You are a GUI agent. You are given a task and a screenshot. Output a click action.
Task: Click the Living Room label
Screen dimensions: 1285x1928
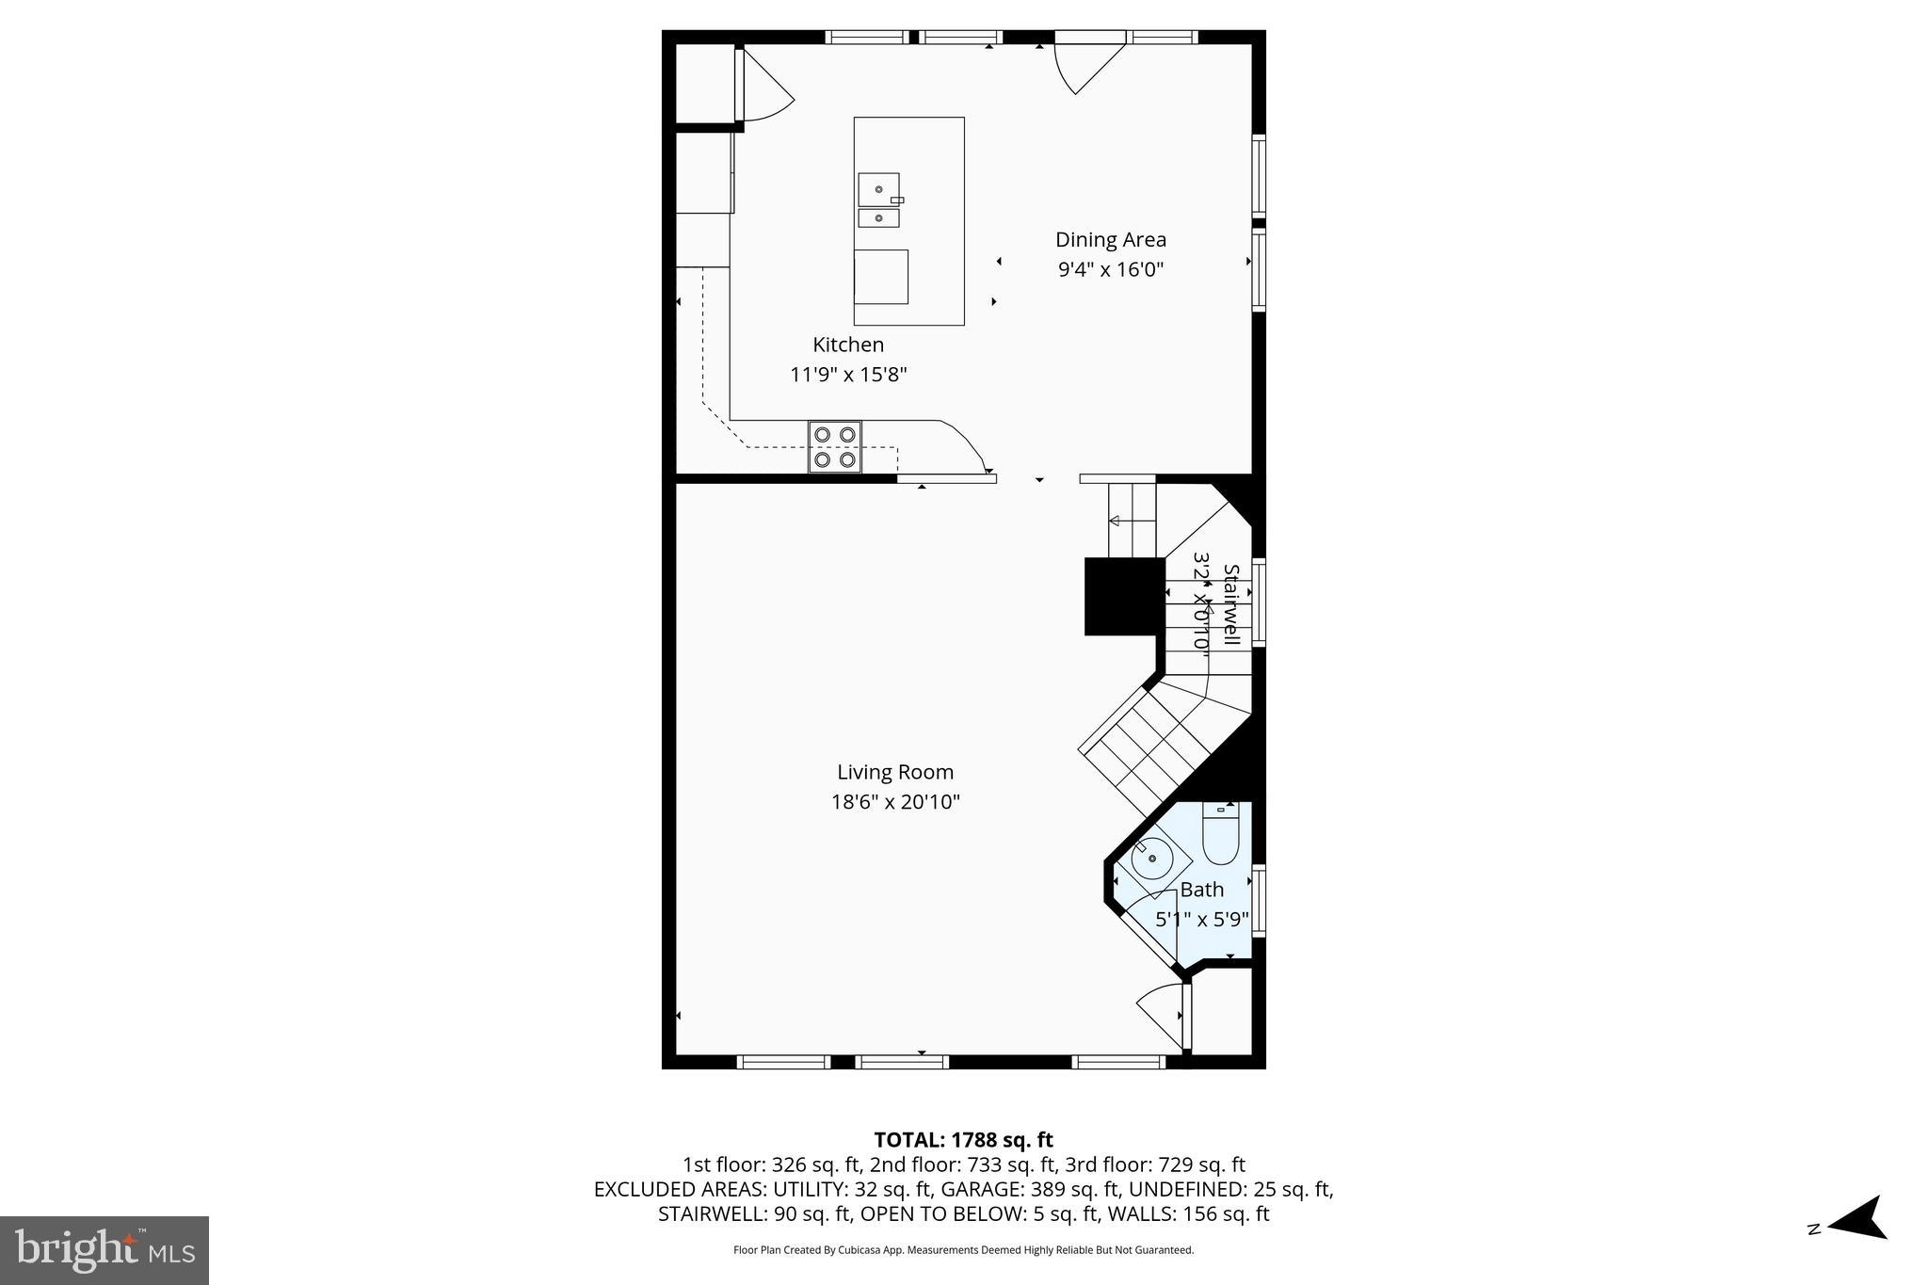coord(895,772)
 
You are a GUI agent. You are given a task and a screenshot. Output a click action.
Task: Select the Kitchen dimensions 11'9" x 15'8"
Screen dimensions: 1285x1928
coord(848,375)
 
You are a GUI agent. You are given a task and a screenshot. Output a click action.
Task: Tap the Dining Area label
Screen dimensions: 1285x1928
coord(1110,239)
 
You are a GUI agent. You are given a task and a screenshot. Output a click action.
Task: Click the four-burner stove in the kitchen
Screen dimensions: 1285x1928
coord(834,447)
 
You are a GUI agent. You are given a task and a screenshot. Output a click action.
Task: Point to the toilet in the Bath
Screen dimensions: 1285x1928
coord(1220,834)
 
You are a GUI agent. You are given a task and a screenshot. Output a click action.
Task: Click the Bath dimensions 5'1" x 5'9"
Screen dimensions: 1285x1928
coord(1201,920)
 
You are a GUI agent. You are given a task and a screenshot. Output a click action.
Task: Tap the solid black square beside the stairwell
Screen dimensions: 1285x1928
coord(1124,597)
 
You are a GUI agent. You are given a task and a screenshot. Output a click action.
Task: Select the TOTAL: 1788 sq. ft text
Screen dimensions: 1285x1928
coord(963,1140)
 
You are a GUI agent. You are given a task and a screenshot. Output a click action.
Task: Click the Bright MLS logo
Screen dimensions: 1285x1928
coord(104,1250)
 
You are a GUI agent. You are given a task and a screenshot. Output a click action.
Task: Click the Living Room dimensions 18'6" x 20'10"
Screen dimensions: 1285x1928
coord(895,802)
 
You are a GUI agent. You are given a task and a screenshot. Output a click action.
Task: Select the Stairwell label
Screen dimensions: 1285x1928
coord(1230,604)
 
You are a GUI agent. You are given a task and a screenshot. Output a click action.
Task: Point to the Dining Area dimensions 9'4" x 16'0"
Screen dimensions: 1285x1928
coord(1110,270)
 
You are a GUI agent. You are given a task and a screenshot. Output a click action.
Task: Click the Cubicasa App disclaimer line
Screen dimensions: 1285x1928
coord(963,1250)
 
